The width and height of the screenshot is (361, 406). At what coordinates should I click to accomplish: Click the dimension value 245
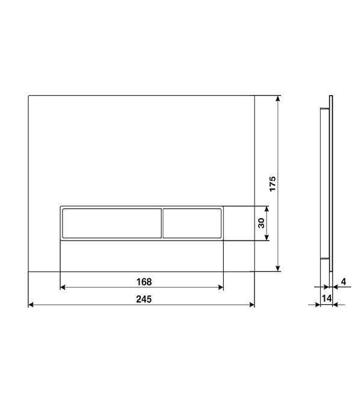[144, 299]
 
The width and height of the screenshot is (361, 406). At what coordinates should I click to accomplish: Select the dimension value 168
[144, 281]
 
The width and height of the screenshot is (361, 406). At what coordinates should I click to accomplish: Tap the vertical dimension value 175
[273, 184]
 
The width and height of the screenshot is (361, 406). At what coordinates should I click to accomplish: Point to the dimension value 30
[261, 223]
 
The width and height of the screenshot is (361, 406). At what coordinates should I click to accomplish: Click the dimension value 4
[344, 281]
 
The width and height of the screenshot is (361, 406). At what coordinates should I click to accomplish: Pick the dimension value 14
[326, 298]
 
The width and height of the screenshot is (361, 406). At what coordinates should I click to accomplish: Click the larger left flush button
[112, 223]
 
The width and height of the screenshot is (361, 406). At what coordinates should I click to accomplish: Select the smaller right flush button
[192, 223]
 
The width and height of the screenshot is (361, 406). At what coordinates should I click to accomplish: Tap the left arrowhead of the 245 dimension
[31, 305]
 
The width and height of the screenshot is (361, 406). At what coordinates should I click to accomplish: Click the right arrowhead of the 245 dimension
[251, 305]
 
